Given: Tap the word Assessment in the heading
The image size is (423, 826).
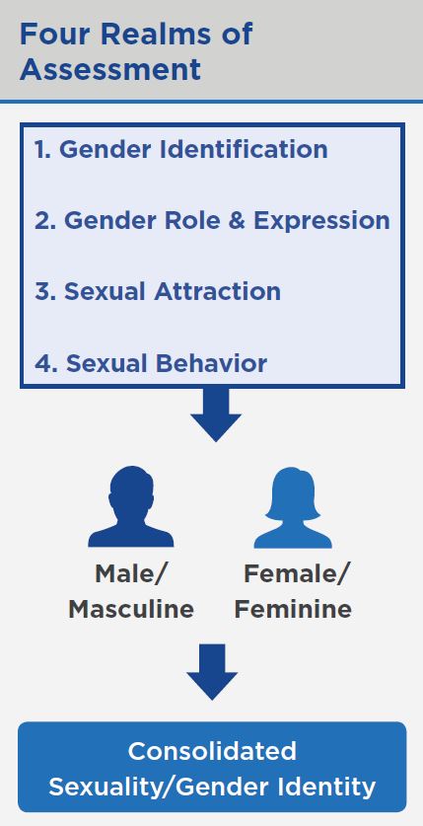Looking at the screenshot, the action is (110, 69).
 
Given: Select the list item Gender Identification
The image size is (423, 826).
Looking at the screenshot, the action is (181, 150).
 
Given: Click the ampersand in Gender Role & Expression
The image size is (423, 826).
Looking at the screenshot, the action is (237, 221).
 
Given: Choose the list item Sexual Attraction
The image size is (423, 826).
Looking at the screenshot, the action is (158, 291).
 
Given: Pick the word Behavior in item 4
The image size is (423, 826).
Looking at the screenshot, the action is (211, 363).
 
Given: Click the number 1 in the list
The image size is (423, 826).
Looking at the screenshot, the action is (41, 150).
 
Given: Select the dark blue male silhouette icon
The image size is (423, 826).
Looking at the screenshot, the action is (130, 506).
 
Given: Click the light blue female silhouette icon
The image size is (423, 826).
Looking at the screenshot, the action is (293, 507).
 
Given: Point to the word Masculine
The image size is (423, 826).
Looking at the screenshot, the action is (131, 610).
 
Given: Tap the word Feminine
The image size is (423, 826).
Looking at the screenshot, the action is (293, 610).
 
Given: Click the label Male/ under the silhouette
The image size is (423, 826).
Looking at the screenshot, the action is (130, 573).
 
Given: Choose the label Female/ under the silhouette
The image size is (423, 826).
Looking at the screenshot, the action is (296, 573).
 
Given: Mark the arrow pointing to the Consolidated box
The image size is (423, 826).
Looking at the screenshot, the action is (212, 672).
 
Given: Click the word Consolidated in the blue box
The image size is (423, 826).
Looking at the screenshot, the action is (212, 751).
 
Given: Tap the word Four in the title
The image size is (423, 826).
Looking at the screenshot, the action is (54, 34).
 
